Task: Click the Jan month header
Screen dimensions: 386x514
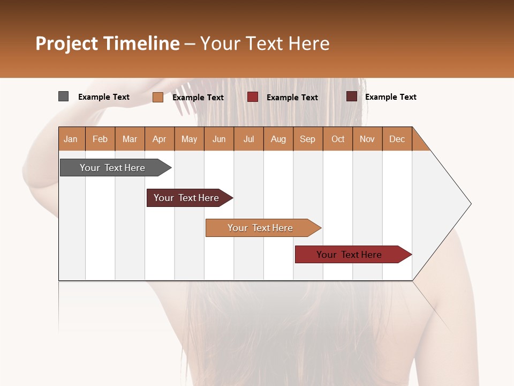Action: pyautogui.click(x=71, y=139)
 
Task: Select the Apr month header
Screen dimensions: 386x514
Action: pyautogui.click(x=159, y=139)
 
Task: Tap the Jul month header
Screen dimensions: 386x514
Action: pyautogui.click(x=248, y=139)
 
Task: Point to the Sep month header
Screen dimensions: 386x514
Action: pyautogui.click(x=307, y=139)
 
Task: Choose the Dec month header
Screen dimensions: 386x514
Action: pyautogui.click(x=397, y=139)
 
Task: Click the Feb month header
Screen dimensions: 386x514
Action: pyautogui.click(x=100, y=139)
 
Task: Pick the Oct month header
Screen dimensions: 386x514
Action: pyautogui.click(x=338, y=139)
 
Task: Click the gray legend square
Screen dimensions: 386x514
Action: pyautogui.click(x=63, y=96)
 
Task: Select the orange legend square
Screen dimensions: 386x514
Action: pyautogui.click(x=157, y=97)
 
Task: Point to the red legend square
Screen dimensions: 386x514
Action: pyautogui.click(x=253, y=97)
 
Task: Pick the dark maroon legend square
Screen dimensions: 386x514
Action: pyautogui.click(x=351, y=96)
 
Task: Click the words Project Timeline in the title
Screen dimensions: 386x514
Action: pyautogui.click(x=107, y=43)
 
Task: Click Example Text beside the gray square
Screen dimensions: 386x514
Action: pyautogui.click(x=104, y=97)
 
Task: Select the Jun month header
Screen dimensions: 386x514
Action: pyautogui.click(x=219, y=139)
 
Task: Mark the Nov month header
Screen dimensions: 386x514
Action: pyautogui.click(x=367, y=139)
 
